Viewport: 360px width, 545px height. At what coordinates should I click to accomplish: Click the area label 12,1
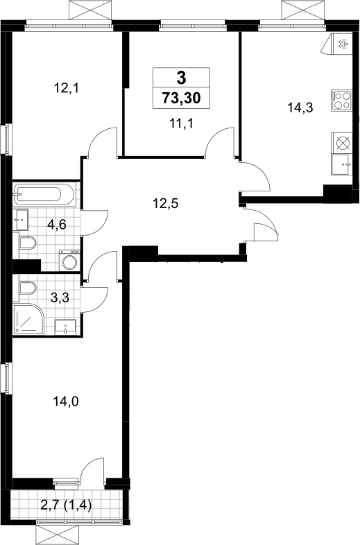click(x=67, y=88)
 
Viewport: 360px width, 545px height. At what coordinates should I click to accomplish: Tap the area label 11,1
click(x=181, y=123)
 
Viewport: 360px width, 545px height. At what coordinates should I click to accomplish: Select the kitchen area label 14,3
click(x=300, y=107)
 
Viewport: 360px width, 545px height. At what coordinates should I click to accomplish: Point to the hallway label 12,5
click(x=166, y=203)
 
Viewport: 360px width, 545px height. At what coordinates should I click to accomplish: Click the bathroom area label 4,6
click(x=57, y=225)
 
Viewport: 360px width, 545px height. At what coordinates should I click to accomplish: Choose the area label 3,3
click(x=60, y=297)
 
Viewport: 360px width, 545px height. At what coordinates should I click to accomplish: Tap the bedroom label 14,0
click(x=66, y=401)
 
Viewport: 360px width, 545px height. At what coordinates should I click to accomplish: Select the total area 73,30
click(x=181, y=98)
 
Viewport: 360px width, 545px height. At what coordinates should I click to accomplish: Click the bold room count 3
click(x=182, y=78)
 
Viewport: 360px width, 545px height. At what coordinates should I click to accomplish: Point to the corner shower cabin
click(x=28, y=319)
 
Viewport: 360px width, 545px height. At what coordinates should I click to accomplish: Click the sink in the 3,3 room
click(x=65, y=327)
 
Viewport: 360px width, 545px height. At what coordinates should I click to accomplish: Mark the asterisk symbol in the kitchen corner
click(x=343, y=44)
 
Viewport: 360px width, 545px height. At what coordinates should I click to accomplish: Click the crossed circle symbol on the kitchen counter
click(x=342, y=144)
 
